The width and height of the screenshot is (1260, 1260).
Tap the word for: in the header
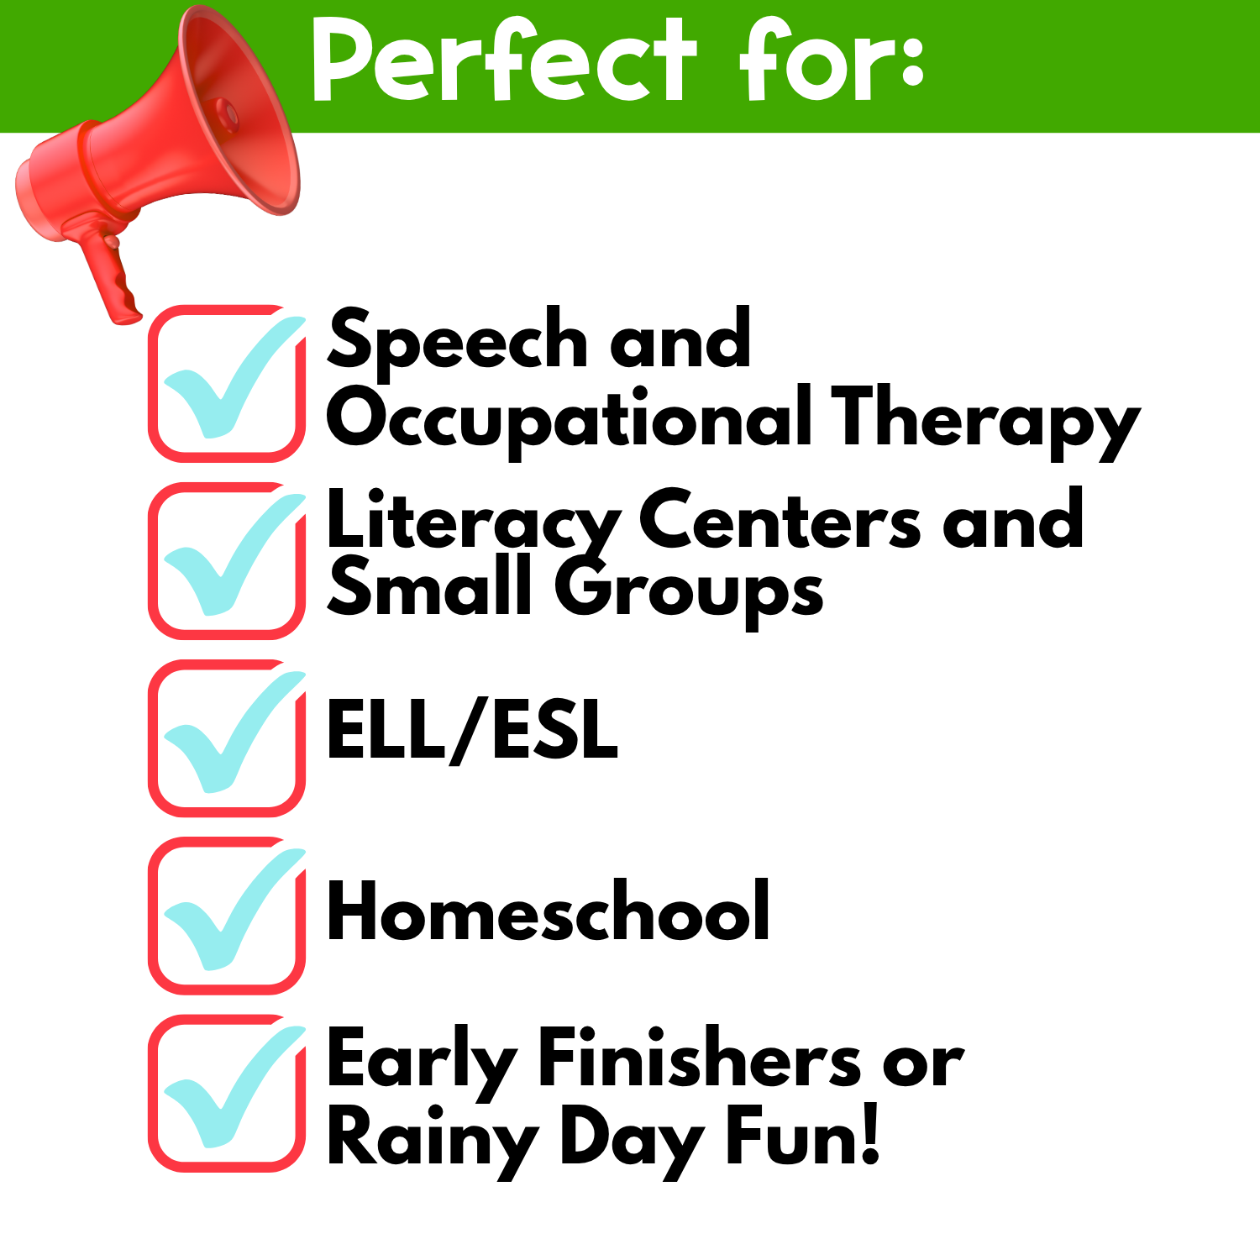tap(832, 60)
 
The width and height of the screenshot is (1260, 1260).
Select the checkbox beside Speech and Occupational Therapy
tap(227, 383)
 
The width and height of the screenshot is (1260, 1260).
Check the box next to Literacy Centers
tap(227, 560)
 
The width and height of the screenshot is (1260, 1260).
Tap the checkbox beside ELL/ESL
tap(227, 738)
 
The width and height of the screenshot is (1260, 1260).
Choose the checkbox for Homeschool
tap(227, 916)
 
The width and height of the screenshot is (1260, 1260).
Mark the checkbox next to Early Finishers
tap(227, 1093)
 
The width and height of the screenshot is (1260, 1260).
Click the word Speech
tap(457, 341)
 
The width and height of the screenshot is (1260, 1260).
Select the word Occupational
tap(570, 420)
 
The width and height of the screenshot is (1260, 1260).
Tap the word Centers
tap(780, 520)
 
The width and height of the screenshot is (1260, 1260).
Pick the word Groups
tap(689, 591)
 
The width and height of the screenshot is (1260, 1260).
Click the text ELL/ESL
tap(472, 730)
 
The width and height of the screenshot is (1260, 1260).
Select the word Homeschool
tap(549, 911)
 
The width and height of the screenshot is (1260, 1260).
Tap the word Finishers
tap(699, 1059)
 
